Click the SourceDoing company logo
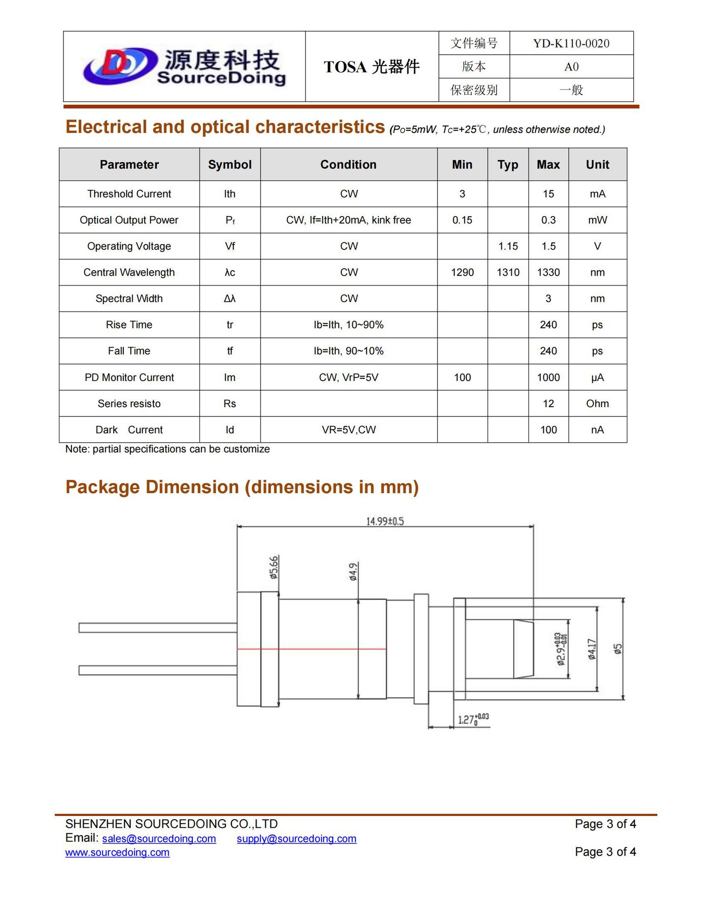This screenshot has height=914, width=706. pos(184,67)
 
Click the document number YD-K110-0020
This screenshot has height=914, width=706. pos(571,43)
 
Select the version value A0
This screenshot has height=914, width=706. pos(571,67)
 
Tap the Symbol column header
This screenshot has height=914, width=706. pos(229,164)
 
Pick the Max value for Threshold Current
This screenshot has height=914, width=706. pos(548,194)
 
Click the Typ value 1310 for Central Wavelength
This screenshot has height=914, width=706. pos(507,272)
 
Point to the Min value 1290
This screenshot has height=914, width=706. pos(462,272)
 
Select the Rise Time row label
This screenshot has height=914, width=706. pos(129,325)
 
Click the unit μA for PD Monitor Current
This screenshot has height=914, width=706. pos(597,378)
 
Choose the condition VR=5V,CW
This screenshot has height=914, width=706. pos(348,430)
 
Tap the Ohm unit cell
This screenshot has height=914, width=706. pos(597,404)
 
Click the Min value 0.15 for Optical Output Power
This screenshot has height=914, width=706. pos(462,220)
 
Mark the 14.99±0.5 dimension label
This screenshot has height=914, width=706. pos(385,521)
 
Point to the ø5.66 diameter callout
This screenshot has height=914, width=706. pos(274,567)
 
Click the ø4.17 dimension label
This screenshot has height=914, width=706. pos(592,649)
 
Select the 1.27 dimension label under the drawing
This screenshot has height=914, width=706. pos(473,719)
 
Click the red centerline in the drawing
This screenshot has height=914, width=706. pos(311,649)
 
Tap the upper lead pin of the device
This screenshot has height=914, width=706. pos(158,628)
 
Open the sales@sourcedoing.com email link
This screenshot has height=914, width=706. pos(159,838)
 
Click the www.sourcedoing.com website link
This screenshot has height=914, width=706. pos(117,852)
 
